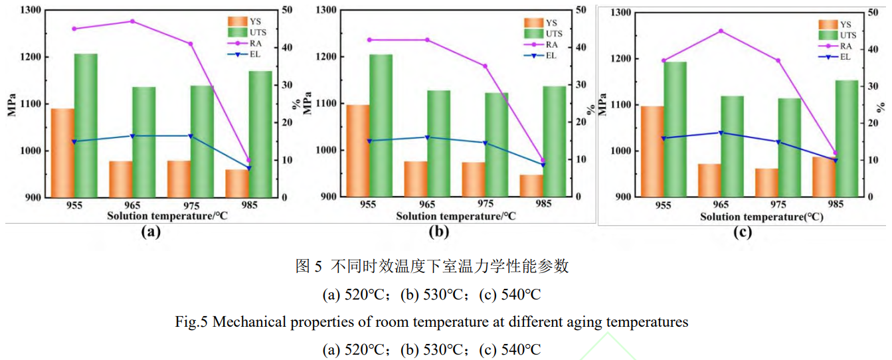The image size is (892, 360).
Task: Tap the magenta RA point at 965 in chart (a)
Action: (x=132, y=21)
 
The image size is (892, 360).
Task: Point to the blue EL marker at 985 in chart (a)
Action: (x=249, y=168)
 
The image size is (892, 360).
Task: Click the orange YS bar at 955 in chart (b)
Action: (x=357, y=151)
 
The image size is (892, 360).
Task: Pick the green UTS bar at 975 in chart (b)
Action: (x=497, y=144)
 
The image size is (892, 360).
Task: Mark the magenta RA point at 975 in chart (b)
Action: (x=485, y=66)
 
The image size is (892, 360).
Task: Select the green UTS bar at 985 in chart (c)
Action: (x=847, y=138)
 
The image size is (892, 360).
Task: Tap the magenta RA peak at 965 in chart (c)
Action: (x=721, y=31)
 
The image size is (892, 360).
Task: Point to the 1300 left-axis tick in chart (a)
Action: (x=30, y=11)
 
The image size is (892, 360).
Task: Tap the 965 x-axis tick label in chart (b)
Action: (x=426, y=204)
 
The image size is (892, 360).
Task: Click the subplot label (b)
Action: (x=439, y=232)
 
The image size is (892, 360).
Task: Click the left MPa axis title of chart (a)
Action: (x=11, y=103)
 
